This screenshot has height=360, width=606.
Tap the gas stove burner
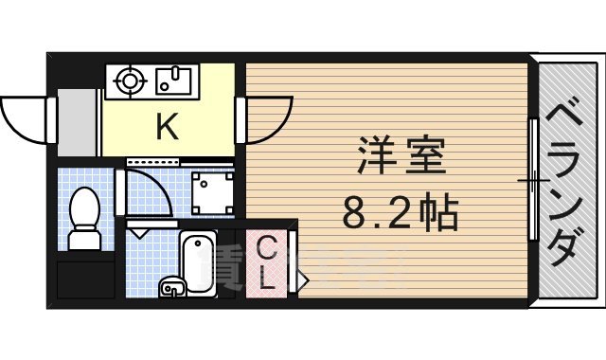coord(128,81)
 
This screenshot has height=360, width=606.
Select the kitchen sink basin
coord(171,81)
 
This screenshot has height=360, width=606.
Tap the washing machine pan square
coord(211,190)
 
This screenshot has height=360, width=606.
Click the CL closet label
coord(268,263)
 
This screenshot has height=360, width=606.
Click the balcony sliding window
coord(534,180)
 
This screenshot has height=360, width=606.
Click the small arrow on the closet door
coord(301,279)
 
